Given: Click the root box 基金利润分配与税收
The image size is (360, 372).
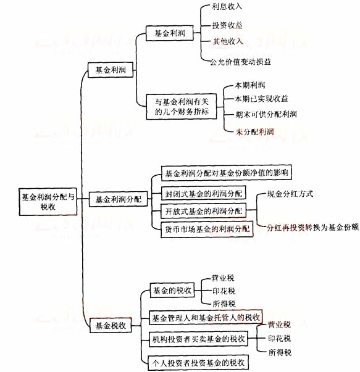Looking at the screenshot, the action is tap(48, 202).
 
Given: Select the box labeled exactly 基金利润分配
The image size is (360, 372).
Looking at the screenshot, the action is tap(119, 199).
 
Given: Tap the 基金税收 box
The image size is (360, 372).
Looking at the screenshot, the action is tap(111, 326).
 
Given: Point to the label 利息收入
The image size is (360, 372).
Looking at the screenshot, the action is tap(227, 6).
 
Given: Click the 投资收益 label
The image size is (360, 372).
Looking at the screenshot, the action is tap(227, 25).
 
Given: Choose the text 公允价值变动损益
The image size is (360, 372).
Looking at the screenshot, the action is tap(240, 62).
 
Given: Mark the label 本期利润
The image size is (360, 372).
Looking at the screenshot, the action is tap(250, 85).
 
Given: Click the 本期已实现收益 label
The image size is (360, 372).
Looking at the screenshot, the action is tap(261, 99).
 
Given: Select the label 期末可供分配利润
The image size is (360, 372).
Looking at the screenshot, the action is tap(266, 114).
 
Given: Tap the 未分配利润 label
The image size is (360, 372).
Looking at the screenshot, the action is tap(254, 131).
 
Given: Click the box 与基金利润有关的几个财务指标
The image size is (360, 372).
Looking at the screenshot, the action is tap(182, 107).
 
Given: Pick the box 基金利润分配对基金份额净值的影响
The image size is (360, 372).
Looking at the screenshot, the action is tap(227, 173).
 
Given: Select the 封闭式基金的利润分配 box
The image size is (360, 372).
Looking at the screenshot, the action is tap(204, 193).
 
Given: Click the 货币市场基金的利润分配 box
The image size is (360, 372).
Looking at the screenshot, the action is tap(207, 229).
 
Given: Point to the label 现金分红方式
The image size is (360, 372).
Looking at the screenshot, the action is tap(290, 194).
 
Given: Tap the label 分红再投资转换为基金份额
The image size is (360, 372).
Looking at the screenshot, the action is tap(312, 228).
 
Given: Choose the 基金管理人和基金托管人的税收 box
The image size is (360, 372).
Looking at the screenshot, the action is tap(206, 318).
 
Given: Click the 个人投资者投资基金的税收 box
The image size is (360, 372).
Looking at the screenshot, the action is tap(198, 363).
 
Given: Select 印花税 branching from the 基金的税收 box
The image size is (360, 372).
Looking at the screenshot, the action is tap(224, 291).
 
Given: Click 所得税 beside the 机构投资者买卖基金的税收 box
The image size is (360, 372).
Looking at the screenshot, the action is tap(280, 352).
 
